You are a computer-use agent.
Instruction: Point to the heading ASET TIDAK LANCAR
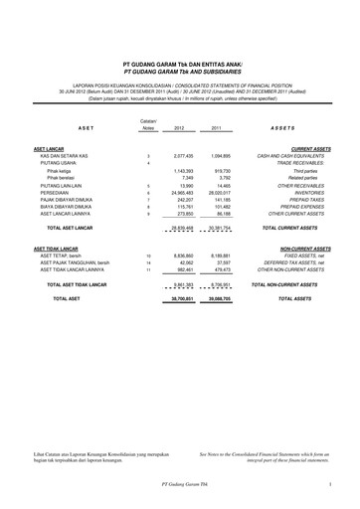click(60, 247)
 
